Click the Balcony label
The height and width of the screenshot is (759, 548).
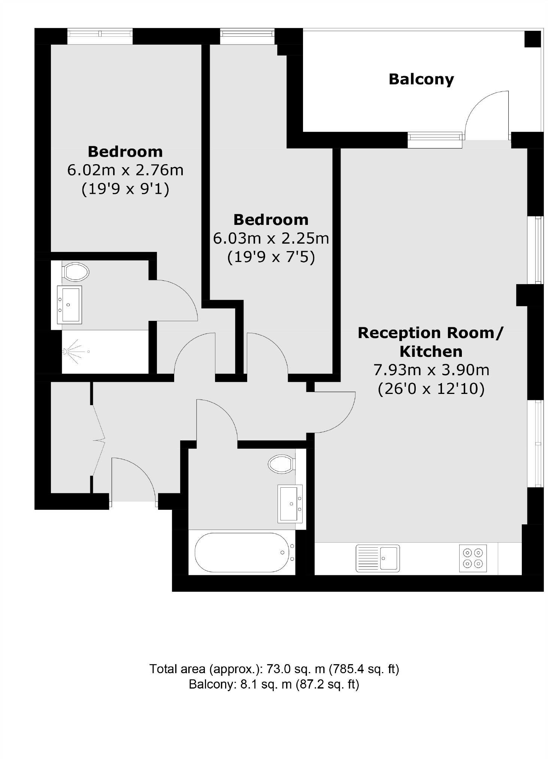pyautogui.click(x=421, y=79)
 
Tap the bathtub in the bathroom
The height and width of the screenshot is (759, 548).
pyautogui.click(x=242, y=552)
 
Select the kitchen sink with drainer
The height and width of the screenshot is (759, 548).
pyautogui.click(x=378, y=558)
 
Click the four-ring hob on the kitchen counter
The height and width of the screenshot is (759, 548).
pyautogui.click(x=473, y=558)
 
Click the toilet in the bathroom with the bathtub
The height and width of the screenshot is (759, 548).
pyautogui.click(x=281, y=464)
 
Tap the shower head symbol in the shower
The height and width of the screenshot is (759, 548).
pyautogui.click(x=65, y=352)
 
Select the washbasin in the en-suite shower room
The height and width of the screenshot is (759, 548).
pyautogui.click(x=69, y=304)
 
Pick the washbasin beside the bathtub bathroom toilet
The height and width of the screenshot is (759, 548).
pyautogui.click(x=290, y=503)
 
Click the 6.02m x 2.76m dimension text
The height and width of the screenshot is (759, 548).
pyautogui.click(x=125, y=170)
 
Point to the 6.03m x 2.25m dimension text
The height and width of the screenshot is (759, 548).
pyautogui.click(x=271, y=238)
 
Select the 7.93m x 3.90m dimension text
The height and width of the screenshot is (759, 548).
pyautogui.click(x=431, y=370)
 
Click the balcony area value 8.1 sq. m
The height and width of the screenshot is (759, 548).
pyautogui.click(x=266, y=684)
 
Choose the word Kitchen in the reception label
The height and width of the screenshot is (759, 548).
pyautogui.click(x=431, y=352)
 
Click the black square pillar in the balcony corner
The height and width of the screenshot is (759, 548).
pyautogui.click(x=532, y=39)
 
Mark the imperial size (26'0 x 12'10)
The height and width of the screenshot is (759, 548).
pyautogui.click(x=431, y=389)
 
